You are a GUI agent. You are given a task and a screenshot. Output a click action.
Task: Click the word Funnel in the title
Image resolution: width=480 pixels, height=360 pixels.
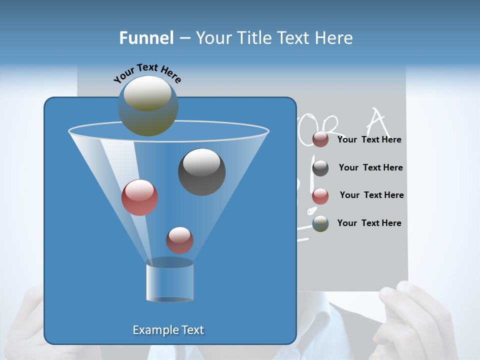(146, 38)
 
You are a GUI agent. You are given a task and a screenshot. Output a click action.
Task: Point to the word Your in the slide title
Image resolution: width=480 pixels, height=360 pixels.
(213, 38)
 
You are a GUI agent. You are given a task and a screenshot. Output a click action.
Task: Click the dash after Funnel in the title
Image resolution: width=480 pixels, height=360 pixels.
(184, 38)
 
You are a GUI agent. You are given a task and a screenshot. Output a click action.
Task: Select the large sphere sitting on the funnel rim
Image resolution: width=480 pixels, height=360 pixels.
(147, 106)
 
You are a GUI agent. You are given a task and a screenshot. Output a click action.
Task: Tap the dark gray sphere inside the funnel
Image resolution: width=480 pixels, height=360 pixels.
(201, 171)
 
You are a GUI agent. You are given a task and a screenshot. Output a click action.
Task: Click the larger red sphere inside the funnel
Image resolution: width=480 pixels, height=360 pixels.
(139, 197)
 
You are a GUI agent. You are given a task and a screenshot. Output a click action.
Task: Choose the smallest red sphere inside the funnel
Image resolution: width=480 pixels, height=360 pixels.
(179, 240)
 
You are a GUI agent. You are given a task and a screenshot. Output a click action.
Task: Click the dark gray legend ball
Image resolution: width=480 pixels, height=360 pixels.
(320, 168)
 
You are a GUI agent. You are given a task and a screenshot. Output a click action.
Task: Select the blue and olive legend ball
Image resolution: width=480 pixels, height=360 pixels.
(320, 223)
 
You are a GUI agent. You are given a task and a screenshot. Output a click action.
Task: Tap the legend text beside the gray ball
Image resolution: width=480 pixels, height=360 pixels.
(370, 167)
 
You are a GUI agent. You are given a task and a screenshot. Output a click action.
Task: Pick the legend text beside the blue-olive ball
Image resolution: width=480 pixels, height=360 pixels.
(369, 223)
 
